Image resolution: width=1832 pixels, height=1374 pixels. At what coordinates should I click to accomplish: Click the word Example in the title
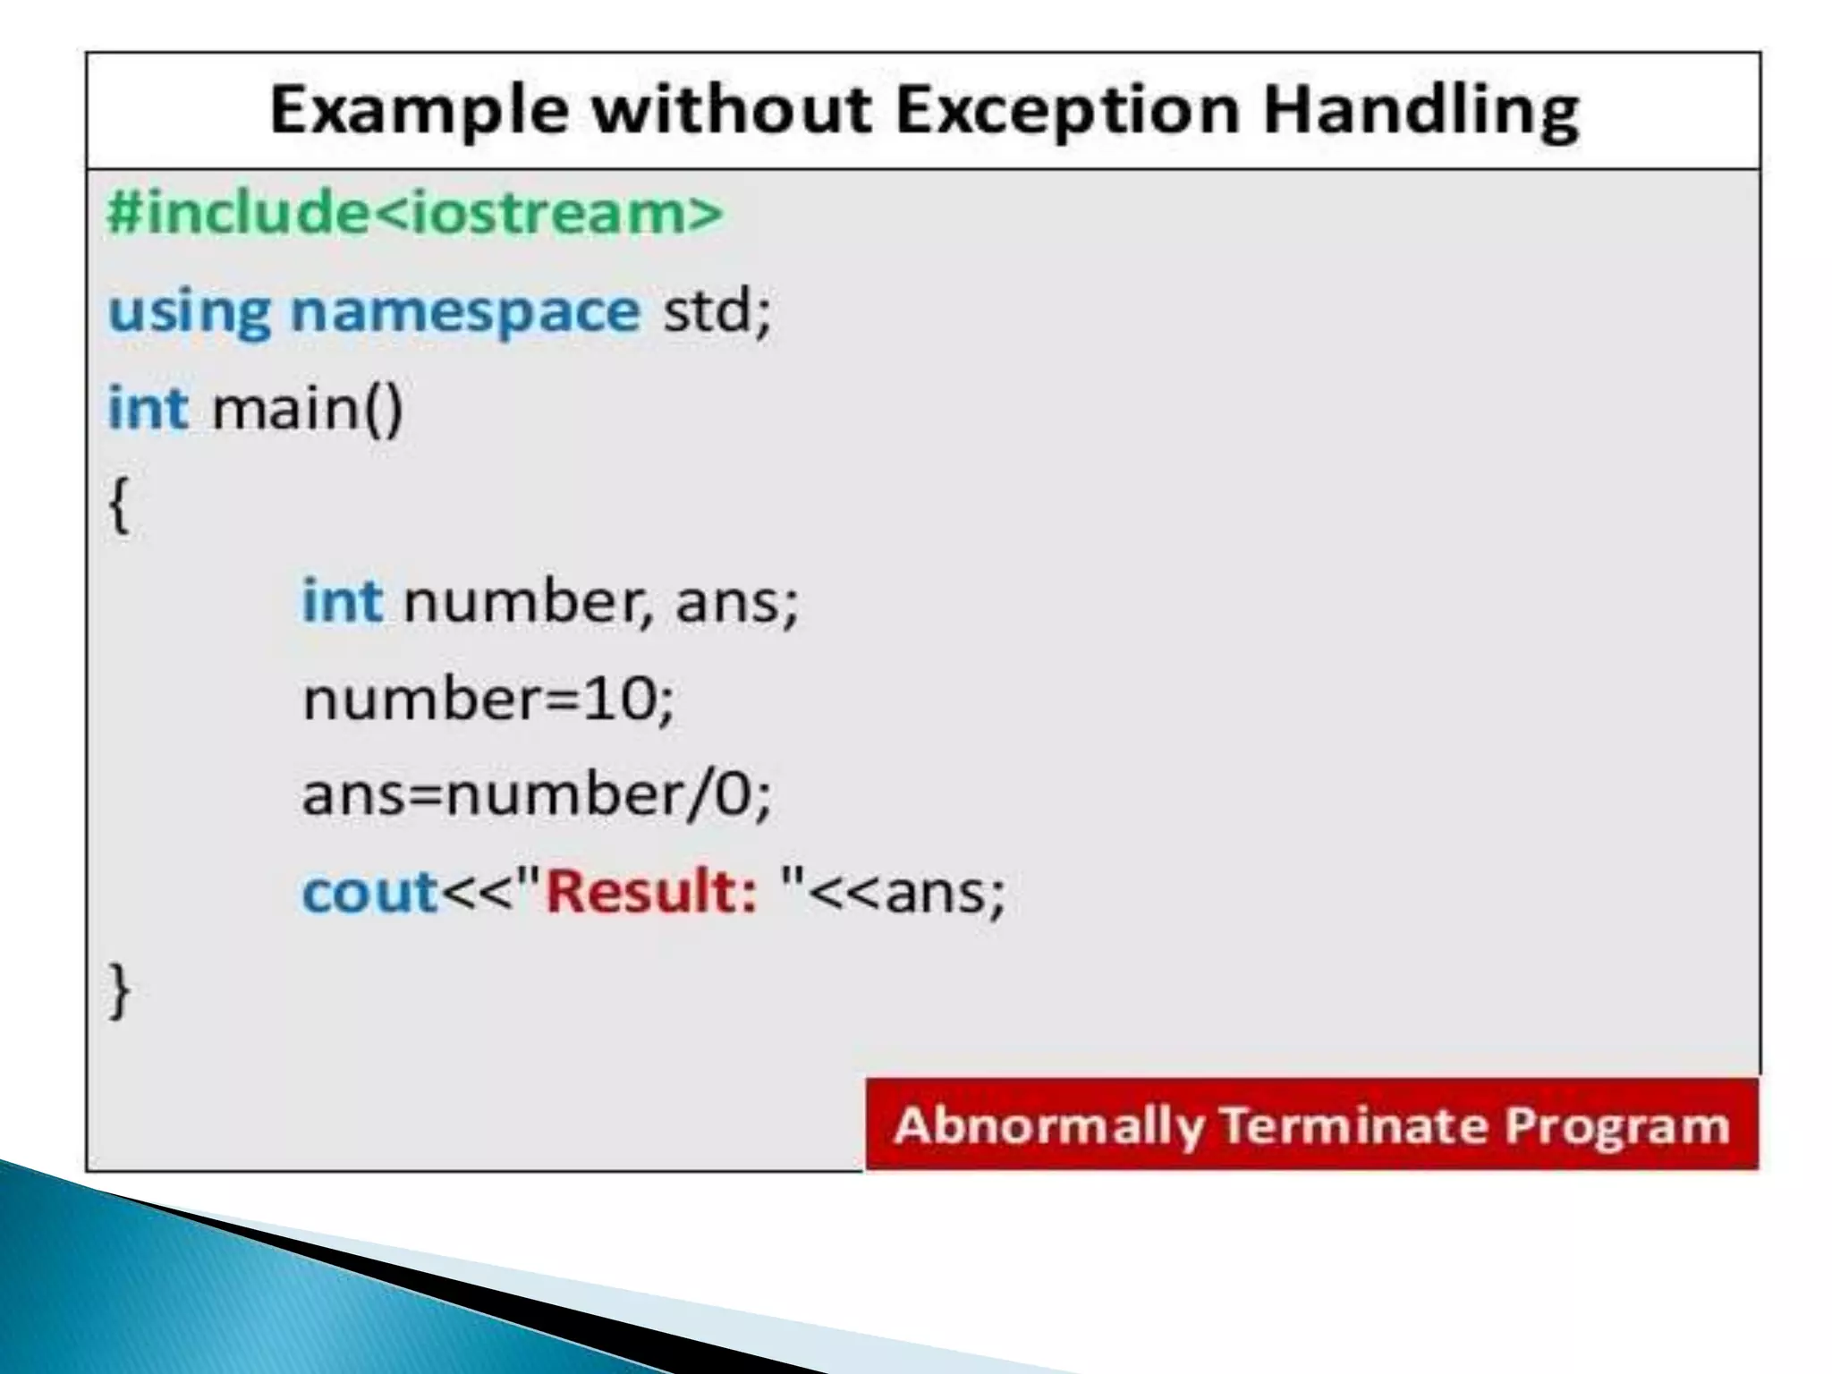419,111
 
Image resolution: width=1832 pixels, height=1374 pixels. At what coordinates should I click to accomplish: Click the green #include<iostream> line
414,213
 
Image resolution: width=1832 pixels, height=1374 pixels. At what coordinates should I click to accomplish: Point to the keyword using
189,312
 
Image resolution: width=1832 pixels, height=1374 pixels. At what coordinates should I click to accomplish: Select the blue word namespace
465,312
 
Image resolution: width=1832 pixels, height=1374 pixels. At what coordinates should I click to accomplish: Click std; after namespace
716,312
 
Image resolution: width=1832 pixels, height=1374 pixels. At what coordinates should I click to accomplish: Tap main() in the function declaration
307,409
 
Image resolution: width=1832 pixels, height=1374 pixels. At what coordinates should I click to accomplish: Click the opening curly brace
119,505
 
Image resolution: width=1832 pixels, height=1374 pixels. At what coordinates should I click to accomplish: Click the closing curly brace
119,990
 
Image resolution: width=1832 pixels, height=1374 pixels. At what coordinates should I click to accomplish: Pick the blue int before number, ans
342,600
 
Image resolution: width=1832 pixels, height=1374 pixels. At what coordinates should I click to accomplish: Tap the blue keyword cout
369,892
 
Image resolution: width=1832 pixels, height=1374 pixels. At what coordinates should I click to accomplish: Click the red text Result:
651,892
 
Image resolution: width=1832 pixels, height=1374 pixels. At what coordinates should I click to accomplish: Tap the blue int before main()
148,409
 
